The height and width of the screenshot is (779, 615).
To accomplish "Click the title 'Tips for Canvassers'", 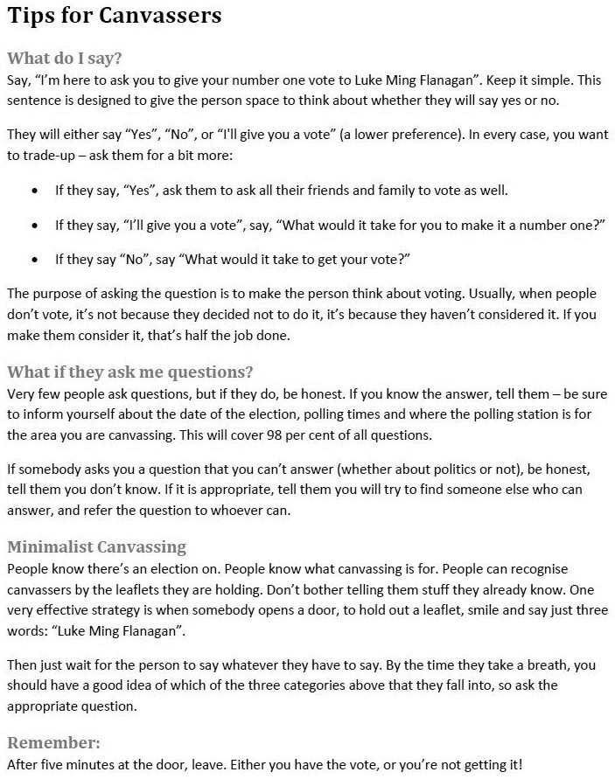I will click(x=115, y=16).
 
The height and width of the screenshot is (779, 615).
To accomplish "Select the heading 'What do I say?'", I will click(x=64, y=59).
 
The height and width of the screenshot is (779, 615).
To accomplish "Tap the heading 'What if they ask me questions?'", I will click(x=129, y=371).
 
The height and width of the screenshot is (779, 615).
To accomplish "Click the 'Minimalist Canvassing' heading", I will click(x=96, y=547).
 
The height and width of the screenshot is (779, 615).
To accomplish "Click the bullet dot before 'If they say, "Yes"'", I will click(x=34, y=191).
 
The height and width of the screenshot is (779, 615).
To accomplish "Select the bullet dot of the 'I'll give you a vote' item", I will click(x=34, y=226).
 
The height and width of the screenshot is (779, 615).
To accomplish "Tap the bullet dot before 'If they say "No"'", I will click(x=34, y=261).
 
